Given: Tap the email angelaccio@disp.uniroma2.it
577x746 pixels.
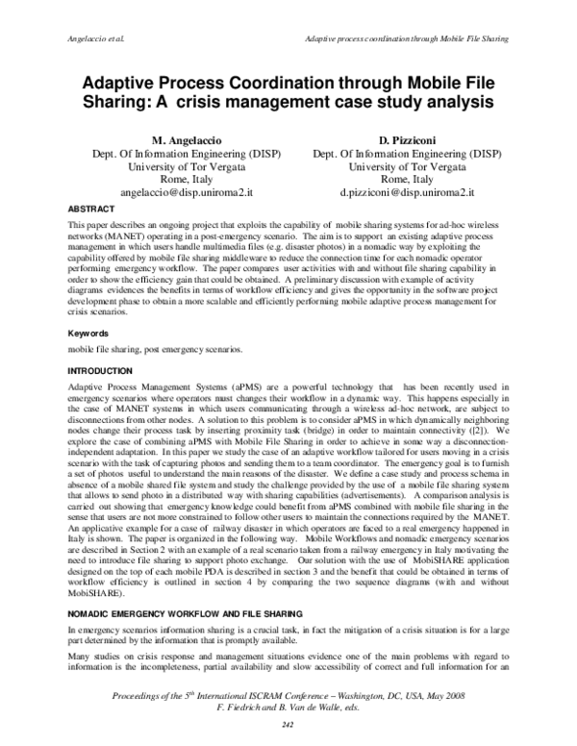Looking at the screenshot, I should pos(183,192).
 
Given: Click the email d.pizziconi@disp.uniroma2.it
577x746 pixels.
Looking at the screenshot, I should pos(393,192).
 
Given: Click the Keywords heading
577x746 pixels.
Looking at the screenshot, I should pos(88,333).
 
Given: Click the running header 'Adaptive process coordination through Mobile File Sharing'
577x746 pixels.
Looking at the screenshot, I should pos(405,38).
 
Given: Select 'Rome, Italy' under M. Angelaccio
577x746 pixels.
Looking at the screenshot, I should pos(183,179).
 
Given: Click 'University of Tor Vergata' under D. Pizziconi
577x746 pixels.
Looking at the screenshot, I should pos(393,165).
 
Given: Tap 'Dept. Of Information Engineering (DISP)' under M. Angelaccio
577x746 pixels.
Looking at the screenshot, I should pos(183,152).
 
